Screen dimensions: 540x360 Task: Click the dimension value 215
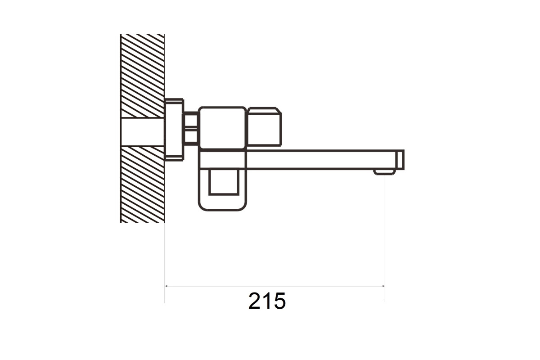tap(267, 301)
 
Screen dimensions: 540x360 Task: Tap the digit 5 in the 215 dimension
tap(279, 301)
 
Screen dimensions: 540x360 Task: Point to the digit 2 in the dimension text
tap(254, 301)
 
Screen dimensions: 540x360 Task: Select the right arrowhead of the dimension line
tap(382, 286)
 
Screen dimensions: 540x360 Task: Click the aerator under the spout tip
tap(385, 172)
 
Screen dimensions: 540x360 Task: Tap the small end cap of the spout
tap(400, 160)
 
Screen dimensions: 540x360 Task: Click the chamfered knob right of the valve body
tap(265, 127)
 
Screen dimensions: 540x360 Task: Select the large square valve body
tap(223, 128)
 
